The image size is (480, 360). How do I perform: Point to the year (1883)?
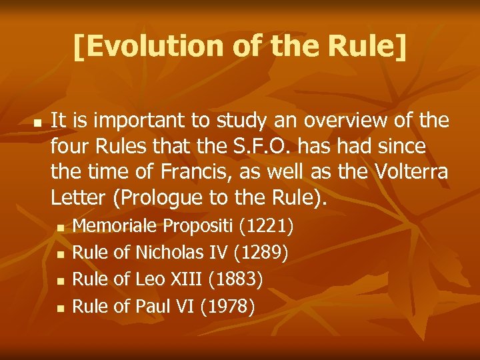point(235,279)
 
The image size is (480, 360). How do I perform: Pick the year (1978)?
point(227,306)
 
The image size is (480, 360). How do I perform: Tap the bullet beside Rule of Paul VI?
point(59,308)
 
